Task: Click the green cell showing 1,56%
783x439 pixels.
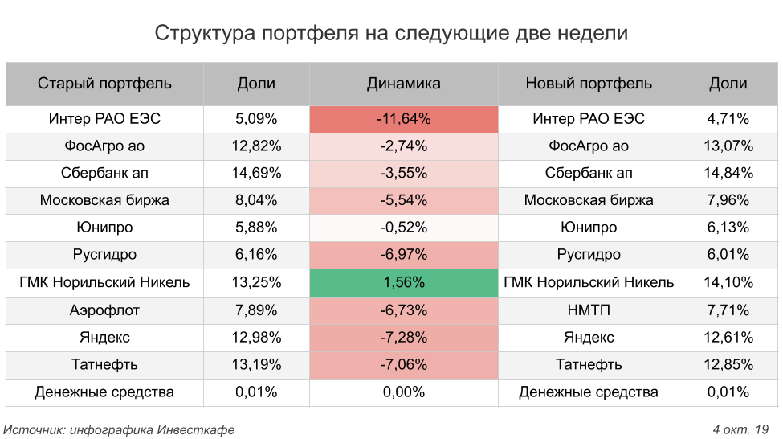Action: (x=403, y=282)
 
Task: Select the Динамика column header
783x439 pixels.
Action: (x=403, y=83)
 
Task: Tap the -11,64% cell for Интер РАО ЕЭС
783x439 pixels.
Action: (x=403, y=119)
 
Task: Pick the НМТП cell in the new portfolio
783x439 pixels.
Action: (x=589, y=310)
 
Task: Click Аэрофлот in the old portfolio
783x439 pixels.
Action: (x=104, y=310)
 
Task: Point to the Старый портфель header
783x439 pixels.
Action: (x=104, y=83)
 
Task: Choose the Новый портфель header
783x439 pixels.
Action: (x=589, y=83)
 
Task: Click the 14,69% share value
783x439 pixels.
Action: (x=256, y=173)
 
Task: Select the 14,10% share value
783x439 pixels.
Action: (x=728, y=282)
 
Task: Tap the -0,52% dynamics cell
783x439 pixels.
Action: (x=403, y=228)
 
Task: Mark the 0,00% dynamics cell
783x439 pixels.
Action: (x=403, y=392)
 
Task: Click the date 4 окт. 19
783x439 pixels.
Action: (x=740, y=429)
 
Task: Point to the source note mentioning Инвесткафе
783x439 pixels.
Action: (x=119, y=429)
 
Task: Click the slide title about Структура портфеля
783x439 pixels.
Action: (x=391, y=33)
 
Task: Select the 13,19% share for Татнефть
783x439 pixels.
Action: (x=256, y=364)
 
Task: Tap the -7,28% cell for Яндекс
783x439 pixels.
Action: (x=403, y=337)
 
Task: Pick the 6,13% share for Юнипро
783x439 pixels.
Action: (x=728, y=228)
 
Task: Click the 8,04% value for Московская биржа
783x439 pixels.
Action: (x=256, y=200)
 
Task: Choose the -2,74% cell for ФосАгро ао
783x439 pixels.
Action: (x=403, y=146)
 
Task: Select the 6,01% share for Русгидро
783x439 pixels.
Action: (x=728, y=255)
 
